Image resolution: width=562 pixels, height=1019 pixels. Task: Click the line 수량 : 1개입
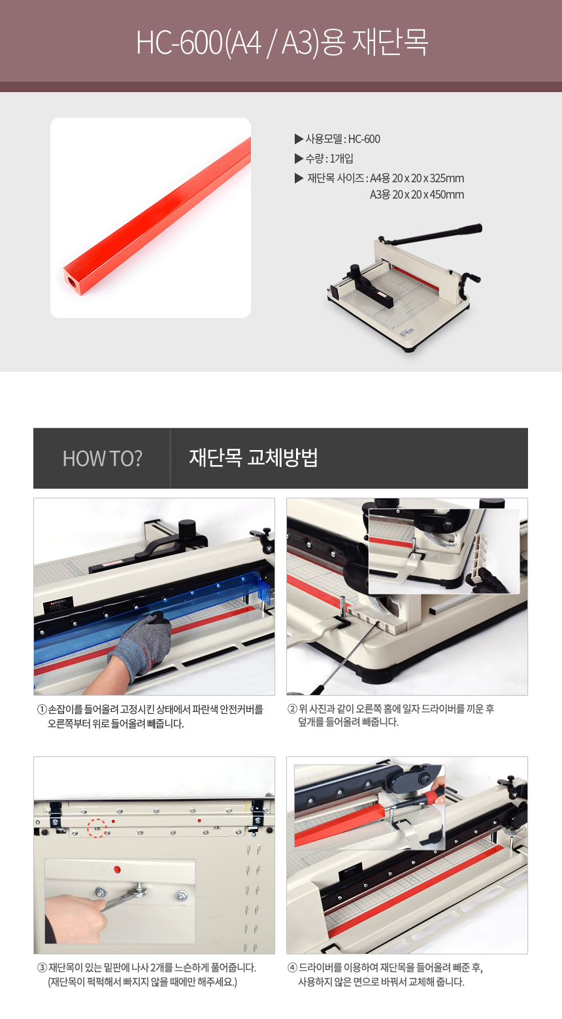pos(329,158)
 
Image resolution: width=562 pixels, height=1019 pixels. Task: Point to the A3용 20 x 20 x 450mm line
pos(417,195)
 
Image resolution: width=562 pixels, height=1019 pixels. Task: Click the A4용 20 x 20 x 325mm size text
pos(417,178)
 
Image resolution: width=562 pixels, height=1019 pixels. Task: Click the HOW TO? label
pos(103,458)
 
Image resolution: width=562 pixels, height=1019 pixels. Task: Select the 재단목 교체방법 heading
pos(254,457)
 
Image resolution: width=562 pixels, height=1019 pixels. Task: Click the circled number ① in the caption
pos(42,709)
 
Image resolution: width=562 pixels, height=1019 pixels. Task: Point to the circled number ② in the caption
pos(293,709)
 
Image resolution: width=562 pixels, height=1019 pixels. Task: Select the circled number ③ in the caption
pos(42,967)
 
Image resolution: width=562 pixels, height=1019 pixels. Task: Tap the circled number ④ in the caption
pos(293,967)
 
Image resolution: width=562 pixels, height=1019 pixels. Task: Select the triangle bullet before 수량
pos(299,158)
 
